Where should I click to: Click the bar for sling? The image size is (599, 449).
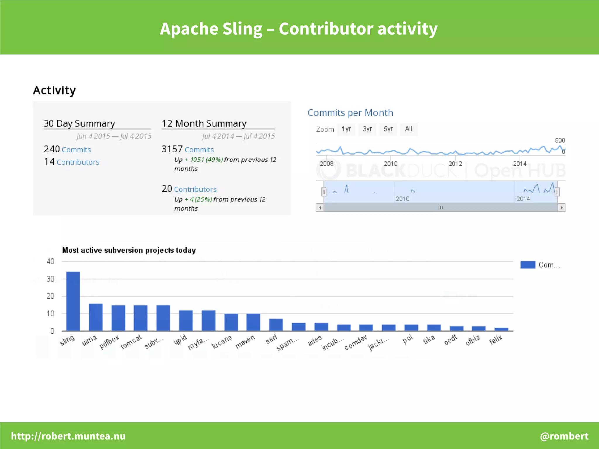(73, 301)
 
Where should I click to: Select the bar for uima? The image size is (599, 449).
(96, 317)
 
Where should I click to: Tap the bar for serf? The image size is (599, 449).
(276, 325)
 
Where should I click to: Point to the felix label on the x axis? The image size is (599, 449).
(496, 340)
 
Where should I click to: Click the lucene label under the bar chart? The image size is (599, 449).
(222, 342)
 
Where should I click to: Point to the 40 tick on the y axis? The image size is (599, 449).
(51, 261)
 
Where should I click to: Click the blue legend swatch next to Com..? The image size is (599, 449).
(528, 265)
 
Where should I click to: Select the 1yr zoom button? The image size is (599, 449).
(346, 129)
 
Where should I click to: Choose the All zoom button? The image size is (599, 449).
(409, 129)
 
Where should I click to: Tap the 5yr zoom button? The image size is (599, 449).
(388, 129)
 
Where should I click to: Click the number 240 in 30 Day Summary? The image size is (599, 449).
(52, 149)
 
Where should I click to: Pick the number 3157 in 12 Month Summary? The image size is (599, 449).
(172, 149)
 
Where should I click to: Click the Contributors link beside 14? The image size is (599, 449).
(78, 162)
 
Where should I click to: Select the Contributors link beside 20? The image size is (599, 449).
(195, 189)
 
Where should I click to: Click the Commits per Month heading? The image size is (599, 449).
(350, 113)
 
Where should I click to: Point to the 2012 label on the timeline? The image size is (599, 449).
(455, 164)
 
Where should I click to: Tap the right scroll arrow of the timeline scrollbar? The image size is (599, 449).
(561, 208)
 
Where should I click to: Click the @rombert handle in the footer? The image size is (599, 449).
(564, 436)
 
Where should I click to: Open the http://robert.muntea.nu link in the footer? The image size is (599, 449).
(68, 436)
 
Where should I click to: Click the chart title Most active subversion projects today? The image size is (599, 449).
(129, 250)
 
